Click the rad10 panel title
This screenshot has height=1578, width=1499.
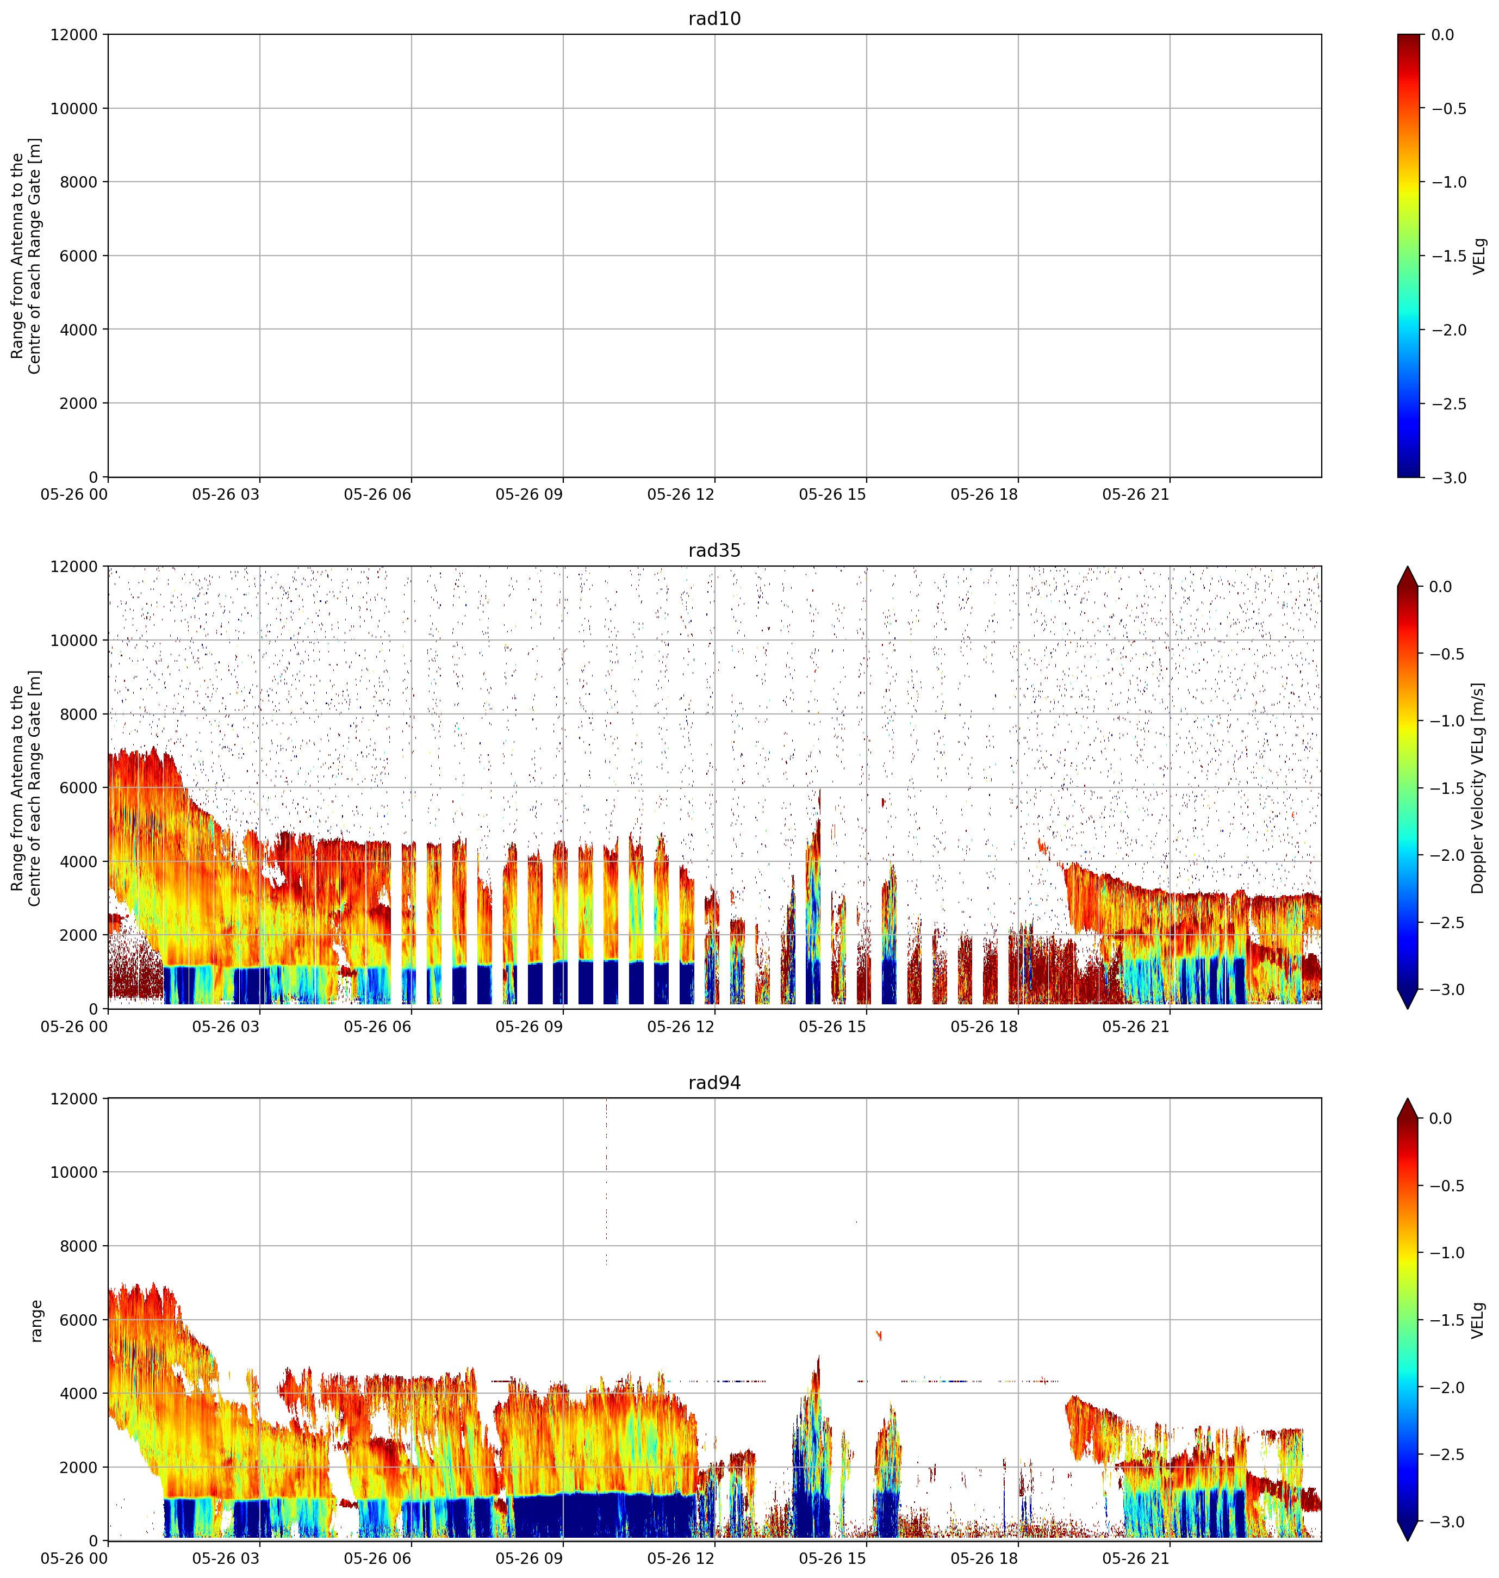[714, 19]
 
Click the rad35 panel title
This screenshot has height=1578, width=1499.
[714, 550]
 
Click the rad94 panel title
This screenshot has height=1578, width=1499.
[714, 1083]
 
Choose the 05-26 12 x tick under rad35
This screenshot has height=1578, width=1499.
[681, 1027]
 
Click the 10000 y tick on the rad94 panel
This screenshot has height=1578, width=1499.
[73, 1172]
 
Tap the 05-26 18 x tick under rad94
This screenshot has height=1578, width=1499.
[985, 1559]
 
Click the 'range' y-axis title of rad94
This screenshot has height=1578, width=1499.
[36, 1320]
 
